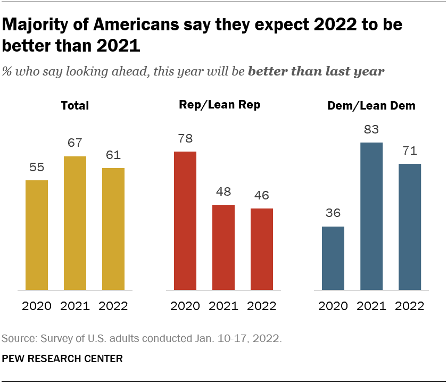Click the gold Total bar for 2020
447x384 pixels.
coord(37,235)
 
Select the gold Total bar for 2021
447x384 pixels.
coord(75,223)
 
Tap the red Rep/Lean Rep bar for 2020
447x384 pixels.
coord(185,221)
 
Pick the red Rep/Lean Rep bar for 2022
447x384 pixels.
coord(262,249)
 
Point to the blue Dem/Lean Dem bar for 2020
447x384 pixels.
coord(333,258)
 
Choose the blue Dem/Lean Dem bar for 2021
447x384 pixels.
coord(371,216)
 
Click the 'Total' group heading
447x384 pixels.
coord(75,106)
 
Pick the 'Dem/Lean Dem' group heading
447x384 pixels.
coord(371,106)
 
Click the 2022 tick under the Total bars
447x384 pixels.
coord(113,306)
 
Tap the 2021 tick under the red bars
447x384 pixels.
coord(223,306)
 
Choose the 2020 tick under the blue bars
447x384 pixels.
coord(333,306)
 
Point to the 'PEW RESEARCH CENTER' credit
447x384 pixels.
coord(62,359)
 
